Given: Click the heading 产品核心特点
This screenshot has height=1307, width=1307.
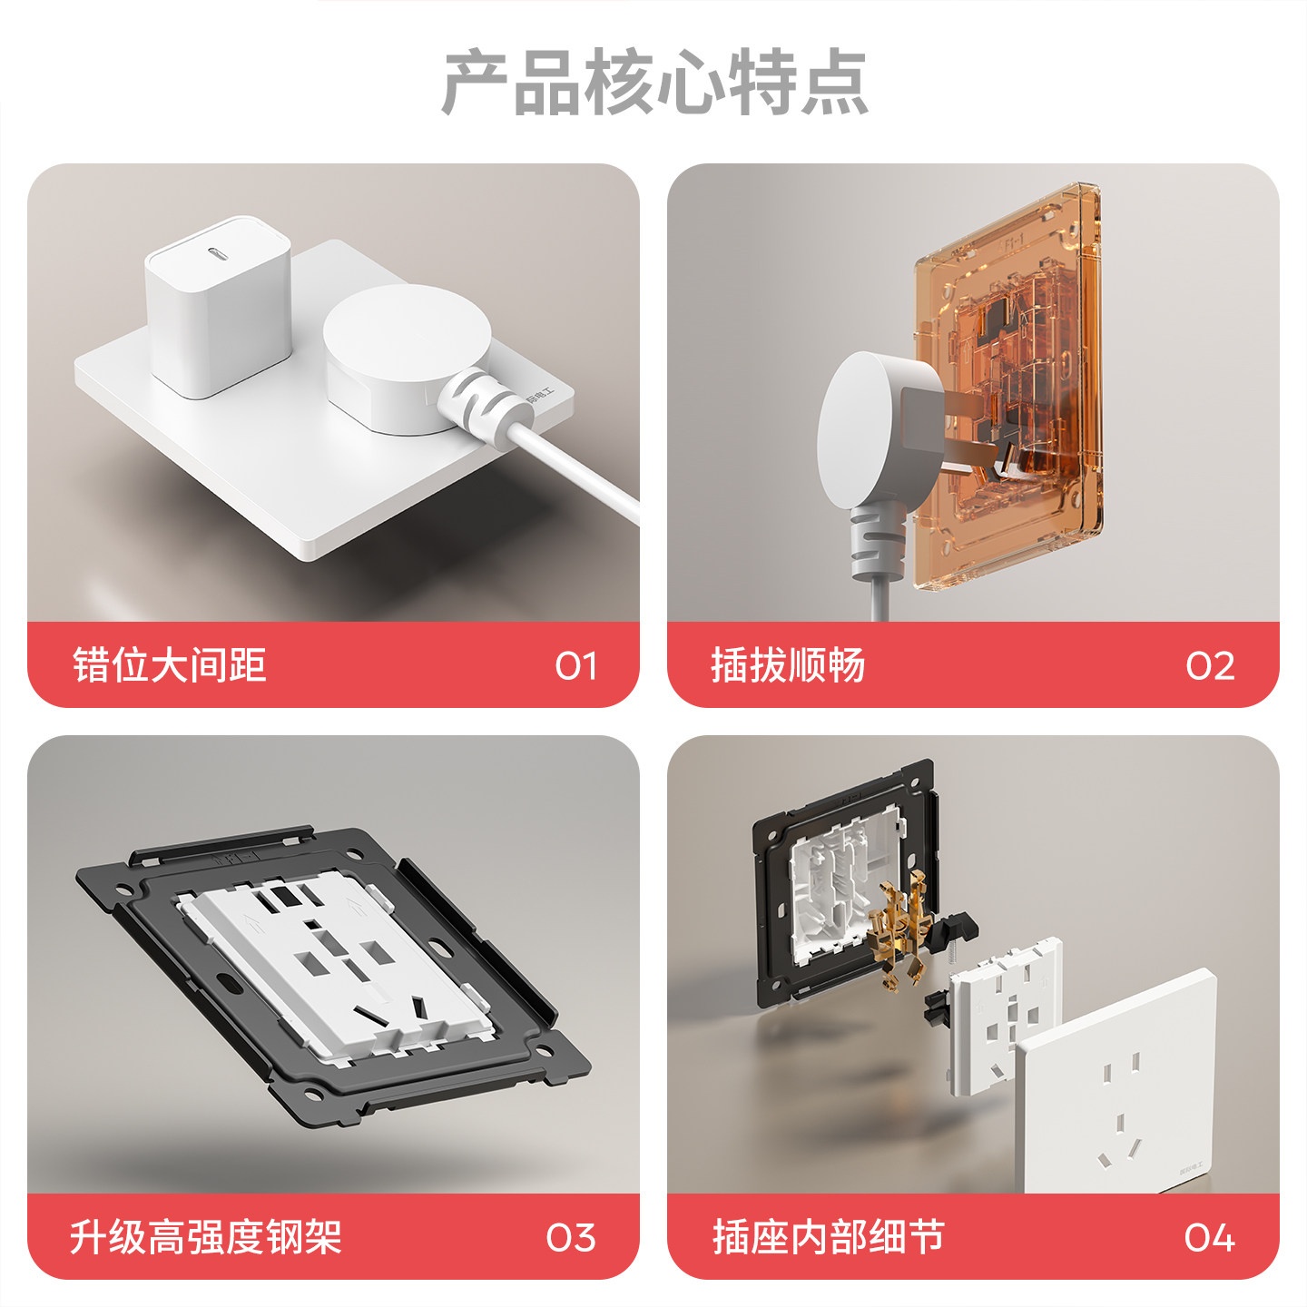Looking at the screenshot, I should pos(654,84).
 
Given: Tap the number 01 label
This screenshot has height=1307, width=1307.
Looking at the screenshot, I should pos(575,666).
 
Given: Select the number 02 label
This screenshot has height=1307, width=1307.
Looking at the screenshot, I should pos(1210,666).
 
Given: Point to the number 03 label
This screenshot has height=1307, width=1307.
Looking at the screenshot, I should pos(571,1238).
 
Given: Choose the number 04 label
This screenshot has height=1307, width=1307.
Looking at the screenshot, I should pos(1209,1238).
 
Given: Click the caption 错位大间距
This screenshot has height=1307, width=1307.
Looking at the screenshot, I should pos(170,665).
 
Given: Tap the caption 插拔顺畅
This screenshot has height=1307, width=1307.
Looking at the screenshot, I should pos(788,665).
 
